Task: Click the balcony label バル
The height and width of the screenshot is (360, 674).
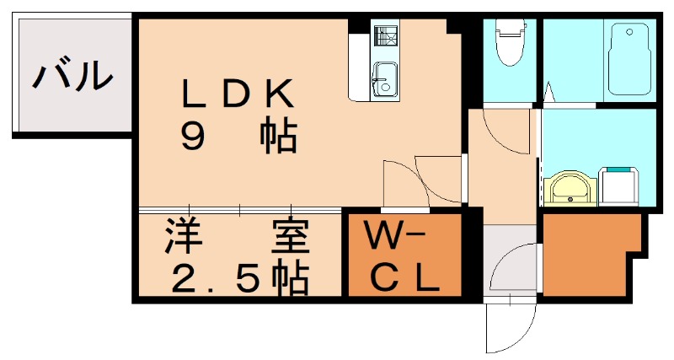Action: point(72,75)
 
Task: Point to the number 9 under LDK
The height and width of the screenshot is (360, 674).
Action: point(193,136)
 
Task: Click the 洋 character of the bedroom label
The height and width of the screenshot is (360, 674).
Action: point(181,238)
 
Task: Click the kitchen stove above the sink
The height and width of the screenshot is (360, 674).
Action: point(387,39)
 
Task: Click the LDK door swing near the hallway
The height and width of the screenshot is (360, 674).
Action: point(421,181)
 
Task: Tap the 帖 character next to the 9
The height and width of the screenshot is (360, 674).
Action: point(277,136)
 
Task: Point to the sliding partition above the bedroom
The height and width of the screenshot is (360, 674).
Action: point(240,208)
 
